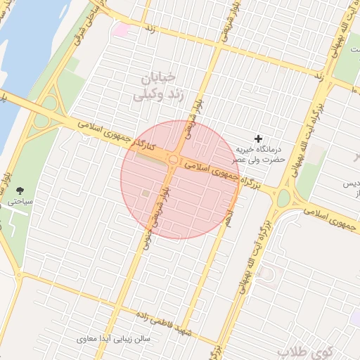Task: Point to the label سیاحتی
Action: tap(21, 201)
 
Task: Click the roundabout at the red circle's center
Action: tap(173, 160)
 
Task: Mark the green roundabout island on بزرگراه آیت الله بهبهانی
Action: tap(283, 198)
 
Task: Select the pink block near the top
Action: tap(121, 30)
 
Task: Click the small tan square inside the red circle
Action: tap(146, 192)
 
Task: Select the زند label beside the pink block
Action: tap(149, 30)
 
